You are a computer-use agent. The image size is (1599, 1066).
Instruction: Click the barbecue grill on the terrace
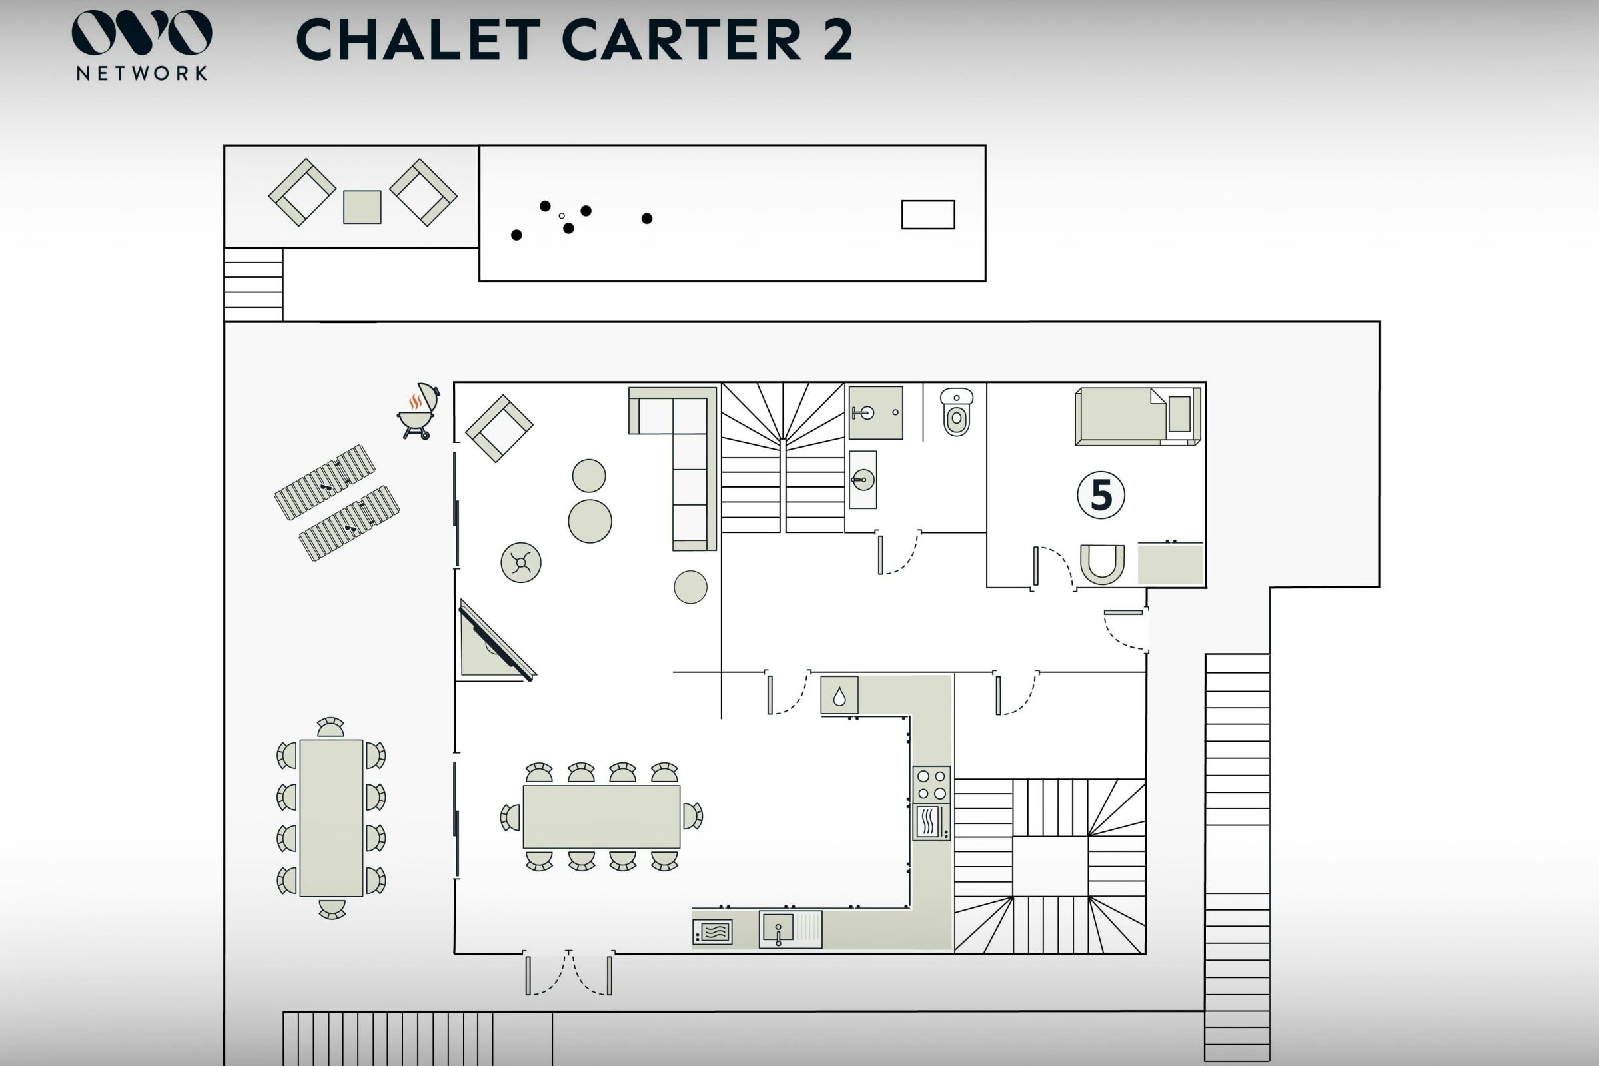tap(418, 411)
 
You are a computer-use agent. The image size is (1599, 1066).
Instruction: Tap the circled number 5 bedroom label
tap(1101, 495)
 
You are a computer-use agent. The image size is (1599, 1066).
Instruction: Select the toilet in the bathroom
tap(957, 412)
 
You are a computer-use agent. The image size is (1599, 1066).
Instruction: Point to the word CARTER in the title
tap(682, 39)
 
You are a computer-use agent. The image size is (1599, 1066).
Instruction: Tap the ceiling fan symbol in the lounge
tap(521, 562)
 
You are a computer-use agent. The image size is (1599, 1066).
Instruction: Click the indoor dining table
tap(601, 817)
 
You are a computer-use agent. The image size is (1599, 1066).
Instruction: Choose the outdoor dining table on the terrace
tap(331, 818)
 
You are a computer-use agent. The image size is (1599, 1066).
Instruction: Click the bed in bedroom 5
tap(1137, 416)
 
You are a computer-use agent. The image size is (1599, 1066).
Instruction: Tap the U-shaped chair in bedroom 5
tap(1102, 564)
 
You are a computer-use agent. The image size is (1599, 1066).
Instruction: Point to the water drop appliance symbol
tap(839, 695)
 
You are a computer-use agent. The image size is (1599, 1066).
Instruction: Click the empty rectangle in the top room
tap(928, 214)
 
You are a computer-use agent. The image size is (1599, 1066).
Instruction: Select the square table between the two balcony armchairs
tap(362, 207)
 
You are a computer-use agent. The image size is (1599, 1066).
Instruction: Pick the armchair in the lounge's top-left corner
tap(499, 428)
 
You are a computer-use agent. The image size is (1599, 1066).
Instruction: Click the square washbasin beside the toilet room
tap(875, 412)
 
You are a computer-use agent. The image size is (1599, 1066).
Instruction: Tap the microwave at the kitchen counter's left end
tap(712, 932)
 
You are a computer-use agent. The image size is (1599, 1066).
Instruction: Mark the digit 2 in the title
tap(837, 39)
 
